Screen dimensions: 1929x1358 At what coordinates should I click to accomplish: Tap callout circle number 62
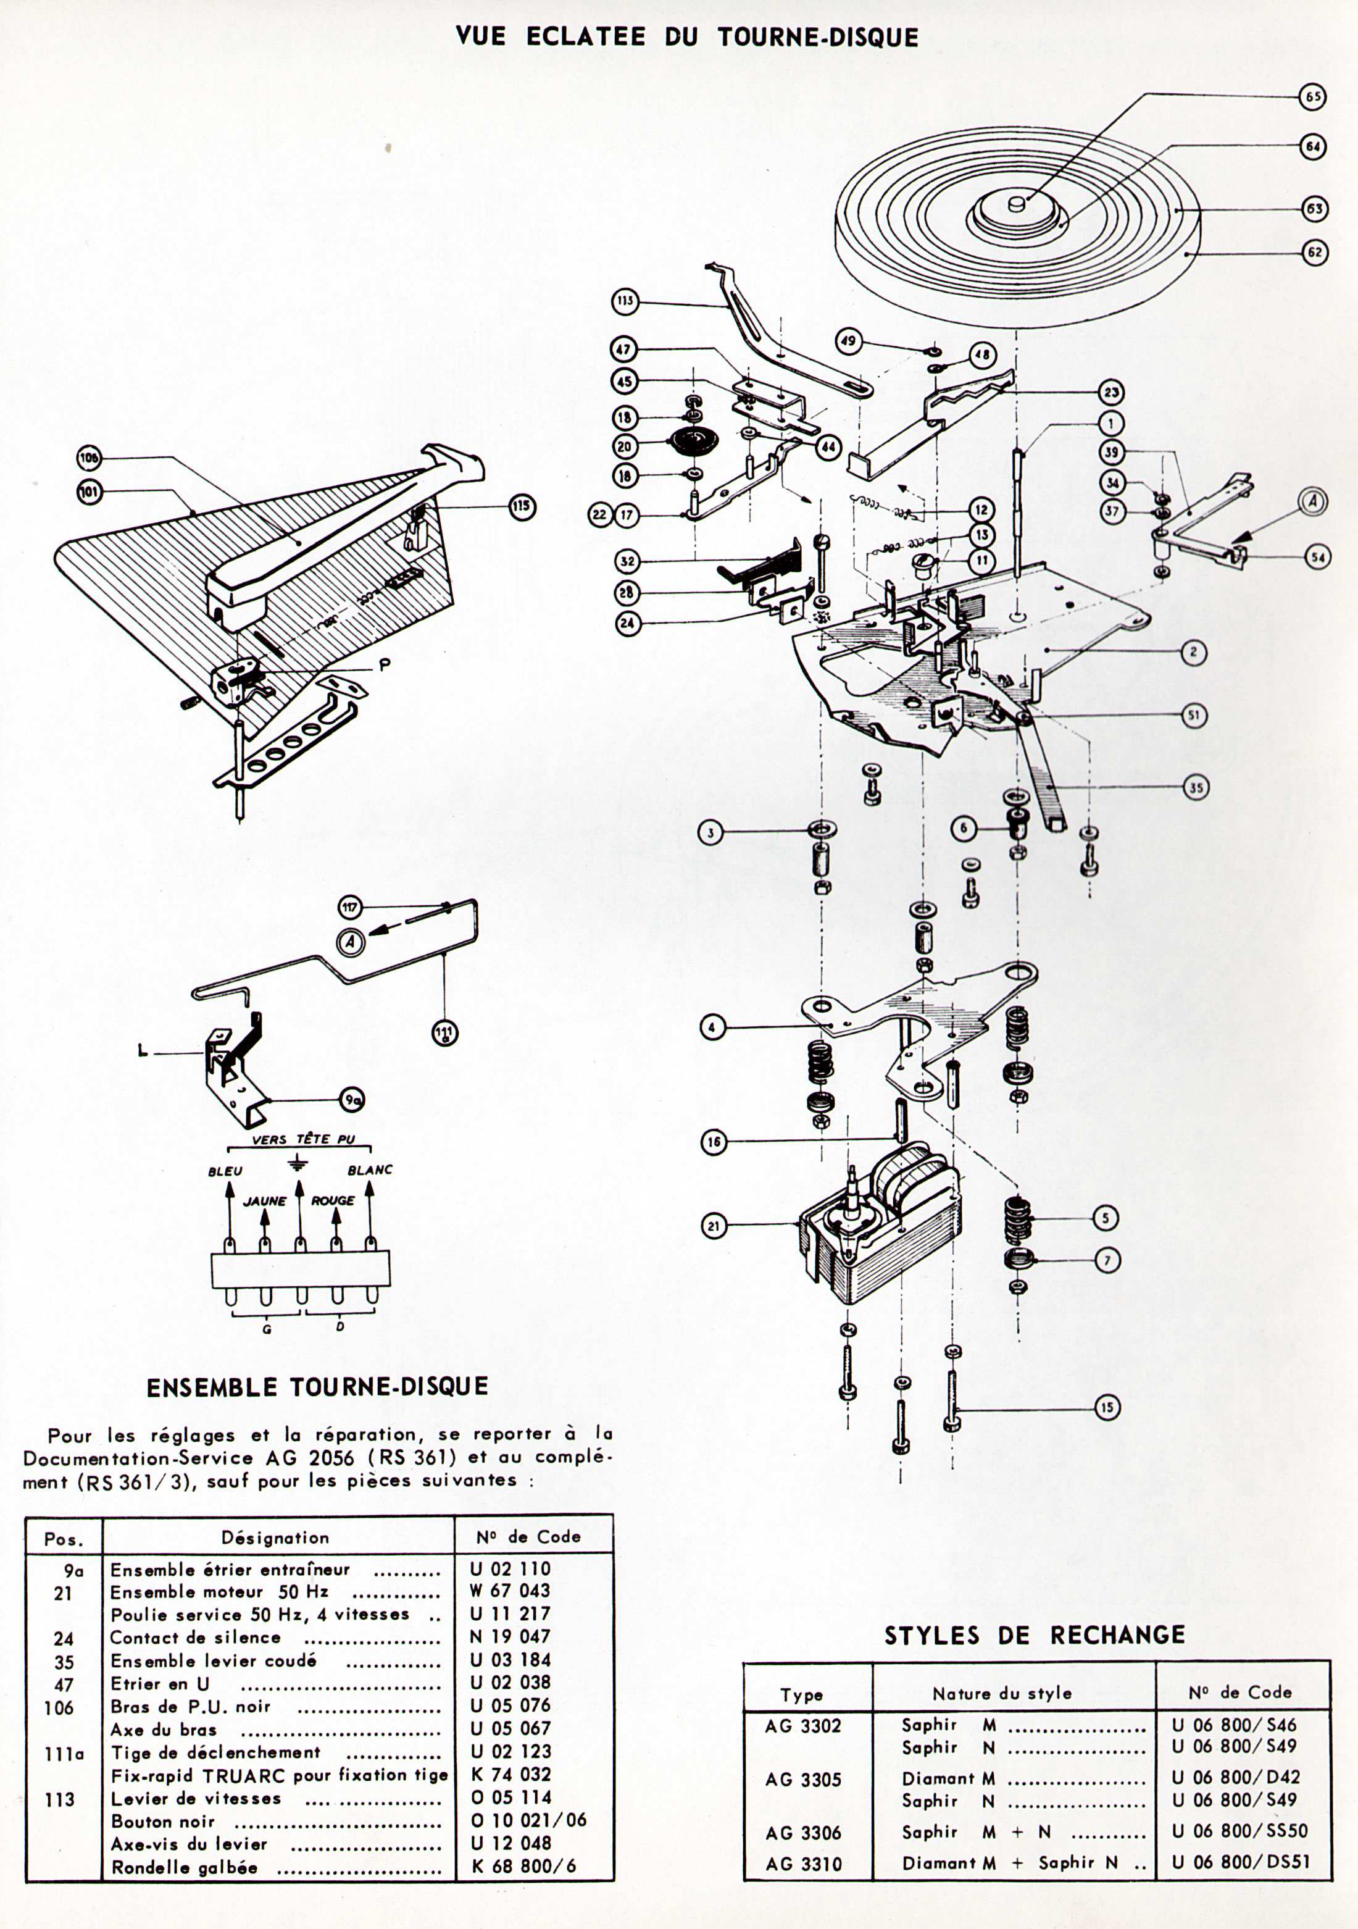[x=1314, y=252]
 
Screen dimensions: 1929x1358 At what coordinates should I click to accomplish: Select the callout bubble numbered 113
[x=625, y=301]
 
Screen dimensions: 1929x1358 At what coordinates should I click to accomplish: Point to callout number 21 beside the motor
[x=712, y=1227]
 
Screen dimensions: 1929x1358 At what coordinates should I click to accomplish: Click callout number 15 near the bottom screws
[x=1109, y=1407]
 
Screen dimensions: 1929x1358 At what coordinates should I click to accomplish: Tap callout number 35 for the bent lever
[x=1196, y=787]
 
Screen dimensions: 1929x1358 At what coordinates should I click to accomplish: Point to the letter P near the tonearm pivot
[x=384, y=664]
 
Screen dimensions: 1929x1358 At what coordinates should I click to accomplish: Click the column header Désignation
[x=275, y=1538]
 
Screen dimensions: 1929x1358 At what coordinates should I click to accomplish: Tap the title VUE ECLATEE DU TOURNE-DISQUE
[x=687, y=36]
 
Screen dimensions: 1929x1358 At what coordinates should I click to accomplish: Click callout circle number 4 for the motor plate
[x=712, y=1027]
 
